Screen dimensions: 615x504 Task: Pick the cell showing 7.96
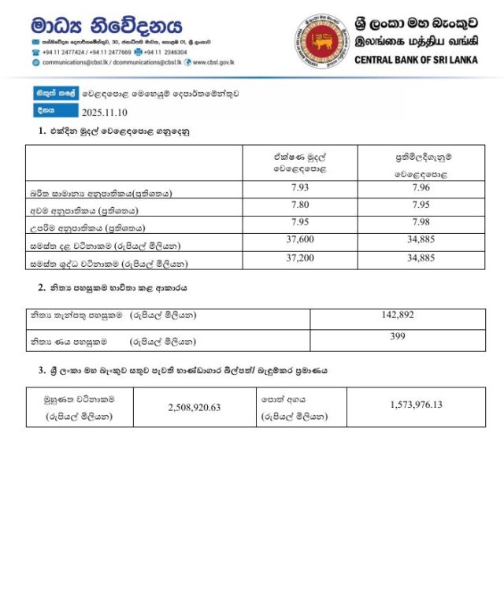point(422,187)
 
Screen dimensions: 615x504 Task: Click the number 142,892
point(397,315)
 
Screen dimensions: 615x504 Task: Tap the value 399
point(397,336)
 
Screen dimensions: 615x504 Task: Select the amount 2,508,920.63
point(194,407)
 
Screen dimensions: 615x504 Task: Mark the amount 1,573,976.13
point(416,404)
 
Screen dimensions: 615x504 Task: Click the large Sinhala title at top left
point(106,25)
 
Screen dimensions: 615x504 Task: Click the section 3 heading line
point(181,369)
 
